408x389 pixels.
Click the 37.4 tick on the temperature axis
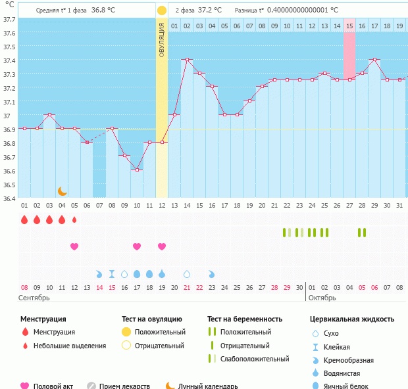coord(9,61)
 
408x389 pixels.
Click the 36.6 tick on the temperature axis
coord(9,171)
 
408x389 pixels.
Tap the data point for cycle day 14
coord(187,60)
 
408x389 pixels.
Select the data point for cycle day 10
coord(137,170)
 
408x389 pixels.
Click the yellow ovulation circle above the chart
coord(162,11)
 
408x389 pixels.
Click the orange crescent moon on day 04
coord(63,191)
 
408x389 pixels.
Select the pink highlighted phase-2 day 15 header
coord(349,26)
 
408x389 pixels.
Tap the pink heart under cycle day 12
coord(162,246)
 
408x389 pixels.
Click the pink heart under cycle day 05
coord(74,246)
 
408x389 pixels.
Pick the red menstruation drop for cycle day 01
coord(24,219)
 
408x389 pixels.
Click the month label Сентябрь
coord(35,298)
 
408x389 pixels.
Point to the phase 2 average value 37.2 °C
coord(208,11)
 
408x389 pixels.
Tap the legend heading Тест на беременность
coord(245,319)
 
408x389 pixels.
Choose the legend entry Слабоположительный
coord(255,359)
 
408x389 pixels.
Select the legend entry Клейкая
coord(336,346)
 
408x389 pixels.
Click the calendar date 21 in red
coord(187,287)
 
